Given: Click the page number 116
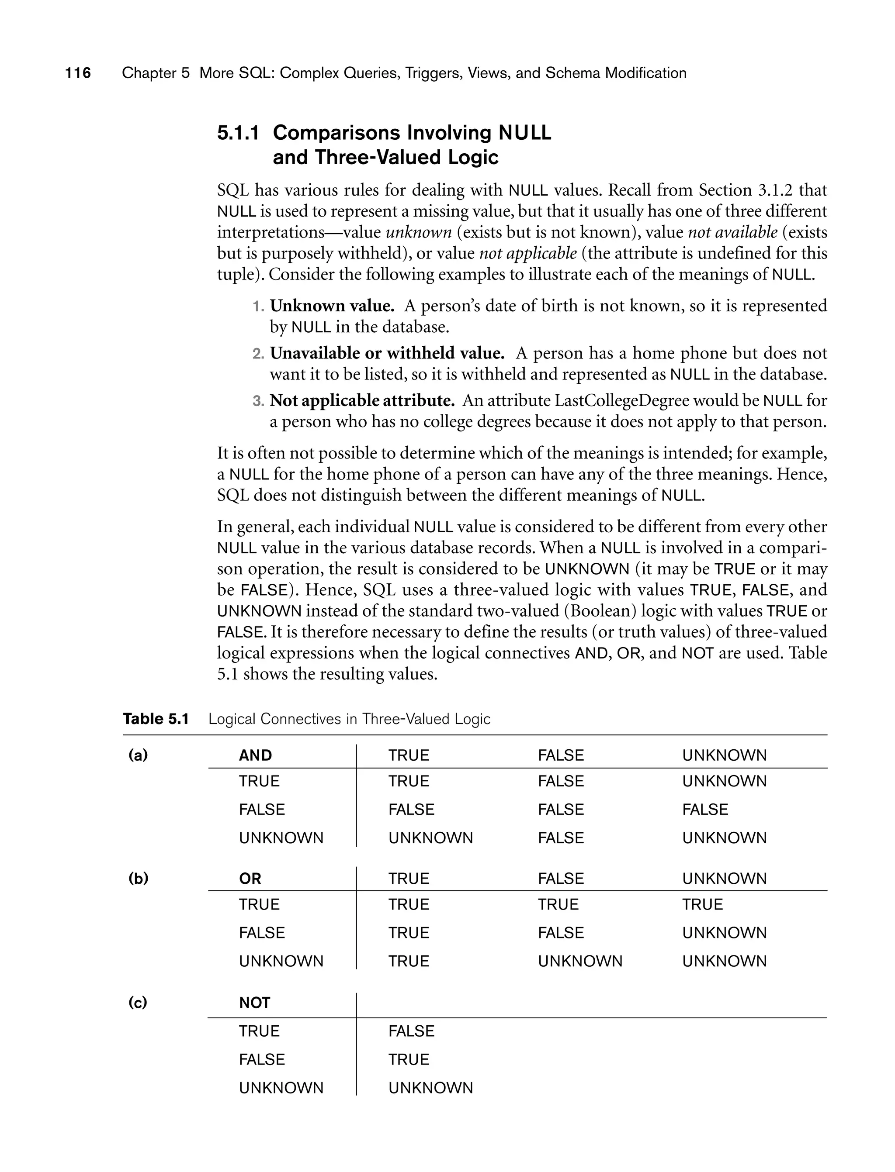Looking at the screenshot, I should click(78, 73).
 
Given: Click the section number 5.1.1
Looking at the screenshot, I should click(238, 133).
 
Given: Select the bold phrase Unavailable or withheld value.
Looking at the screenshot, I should click(387, 353).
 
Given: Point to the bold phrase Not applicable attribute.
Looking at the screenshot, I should click(362, 401).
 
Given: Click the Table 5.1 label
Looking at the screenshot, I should click(156, 719).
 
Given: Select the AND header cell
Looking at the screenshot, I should click(255, 755).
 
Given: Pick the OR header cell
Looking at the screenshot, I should click(250, 879).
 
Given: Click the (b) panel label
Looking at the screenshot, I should click(138, 879).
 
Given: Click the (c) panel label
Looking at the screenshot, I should click(138, 1003).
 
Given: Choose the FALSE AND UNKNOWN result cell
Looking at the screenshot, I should click(705, 810).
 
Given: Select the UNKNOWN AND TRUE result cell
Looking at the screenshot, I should click(430, 838).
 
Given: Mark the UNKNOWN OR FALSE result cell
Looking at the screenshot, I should click(579, 961).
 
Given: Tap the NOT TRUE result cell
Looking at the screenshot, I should click(411, 1031).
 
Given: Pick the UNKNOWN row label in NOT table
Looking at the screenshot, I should click(281, 1088).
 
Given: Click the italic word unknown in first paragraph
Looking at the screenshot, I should click(418, 233).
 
